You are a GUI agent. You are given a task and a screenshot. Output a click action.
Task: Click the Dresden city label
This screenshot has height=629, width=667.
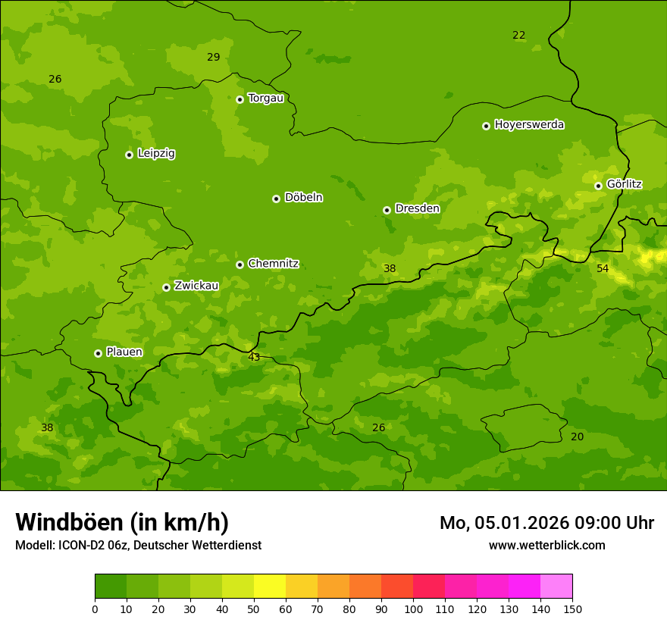(x=417, y=208)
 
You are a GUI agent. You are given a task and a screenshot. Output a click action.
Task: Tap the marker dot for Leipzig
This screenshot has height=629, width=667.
(x=129, y=155)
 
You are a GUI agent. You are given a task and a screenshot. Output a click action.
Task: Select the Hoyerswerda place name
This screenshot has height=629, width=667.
(x=529, y=125)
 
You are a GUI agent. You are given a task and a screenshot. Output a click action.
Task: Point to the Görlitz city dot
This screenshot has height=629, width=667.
(x=598, y=186)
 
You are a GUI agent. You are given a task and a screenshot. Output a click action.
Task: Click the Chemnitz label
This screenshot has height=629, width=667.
(x=273, y=264)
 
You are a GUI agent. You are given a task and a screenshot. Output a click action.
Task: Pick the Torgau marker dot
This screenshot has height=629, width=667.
(x=240, y=99)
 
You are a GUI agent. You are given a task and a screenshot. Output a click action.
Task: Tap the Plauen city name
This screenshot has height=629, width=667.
(x=124, y=352)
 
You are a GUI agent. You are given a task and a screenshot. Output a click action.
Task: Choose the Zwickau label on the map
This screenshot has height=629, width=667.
(x=196, y=286)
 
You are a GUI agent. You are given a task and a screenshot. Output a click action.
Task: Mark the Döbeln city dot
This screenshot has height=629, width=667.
(x=276, y=199)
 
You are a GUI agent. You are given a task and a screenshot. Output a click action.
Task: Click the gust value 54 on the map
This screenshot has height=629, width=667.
(x=603, y=268)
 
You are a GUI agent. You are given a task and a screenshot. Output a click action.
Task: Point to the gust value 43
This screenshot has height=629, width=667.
(x=254, y=357)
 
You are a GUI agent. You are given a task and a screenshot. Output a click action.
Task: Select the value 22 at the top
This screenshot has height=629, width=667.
(x=518, y=35)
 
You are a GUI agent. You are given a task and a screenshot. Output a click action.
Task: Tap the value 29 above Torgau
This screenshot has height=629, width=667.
(x=213, y=57)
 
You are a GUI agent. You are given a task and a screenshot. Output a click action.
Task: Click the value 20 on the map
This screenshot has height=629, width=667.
(x=577, y=437)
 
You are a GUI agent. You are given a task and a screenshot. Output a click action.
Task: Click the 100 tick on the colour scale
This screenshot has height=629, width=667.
(x=413, y=609)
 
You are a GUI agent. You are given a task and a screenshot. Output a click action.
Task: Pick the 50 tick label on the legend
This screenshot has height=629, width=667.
(x=254, y=609)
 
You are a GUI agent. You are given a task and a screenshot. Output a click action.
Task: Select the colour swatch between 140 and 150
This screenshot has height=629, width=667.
(x=556, y=587)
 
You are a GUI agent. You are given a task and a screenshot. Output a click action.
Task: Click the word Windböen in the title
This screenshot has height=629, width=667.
(x=69, y=522)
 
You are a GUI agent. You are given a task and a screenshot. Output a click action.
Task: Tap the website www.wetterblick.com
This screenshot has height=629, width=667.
(x=546, y=545)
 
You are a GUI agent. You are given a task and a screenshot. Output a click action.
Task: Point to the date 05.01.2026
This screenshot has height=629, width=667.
(x=523, y=523)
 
